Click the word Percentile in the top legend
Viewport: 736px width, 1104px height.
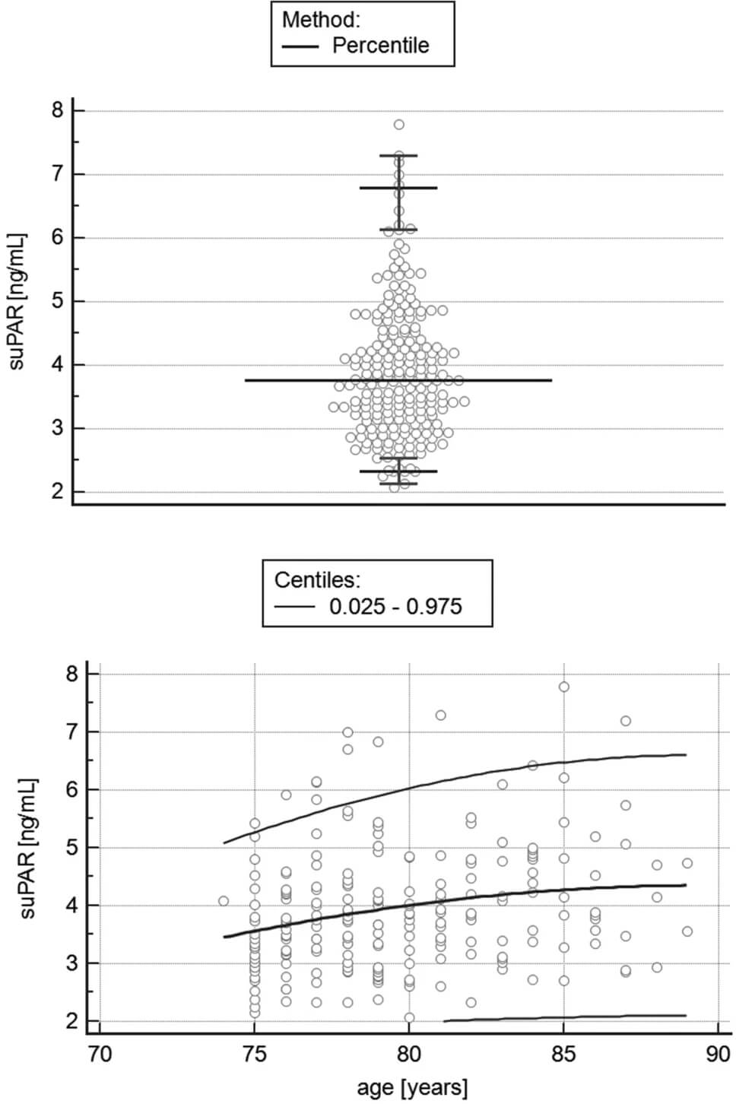(380, 46)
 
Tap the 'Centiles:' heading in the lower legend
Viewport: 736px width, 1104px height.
(317, 580)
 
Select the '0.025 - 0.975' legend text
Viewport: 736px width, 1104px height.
(395, 606)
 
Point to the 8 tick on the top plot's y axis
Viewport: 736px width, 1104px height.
(58, 111)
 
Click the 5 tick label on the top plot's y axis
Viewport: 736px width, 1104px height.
(58, 302)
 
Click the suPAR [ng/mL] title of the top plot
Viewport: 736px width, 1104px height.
(17, 301)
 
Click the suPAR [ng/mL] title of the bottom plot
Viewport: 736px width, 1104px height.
(28, 848)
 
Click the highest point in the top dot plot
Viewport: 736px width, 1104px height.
(398, 125)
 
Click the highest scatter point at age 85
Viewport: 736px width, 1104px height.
(563, 687)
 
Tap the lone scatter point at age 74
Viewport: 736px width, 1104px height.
(224, 901)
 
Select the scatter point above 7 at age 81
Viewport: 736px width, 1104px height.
(440, 715)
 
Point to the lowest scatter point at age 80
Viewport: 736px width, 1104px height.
(409, 1017)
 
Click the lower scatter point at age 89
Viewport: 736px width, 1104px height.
(687, 931)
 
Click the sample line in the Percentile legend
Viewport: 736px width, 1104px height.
(300, 46)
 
